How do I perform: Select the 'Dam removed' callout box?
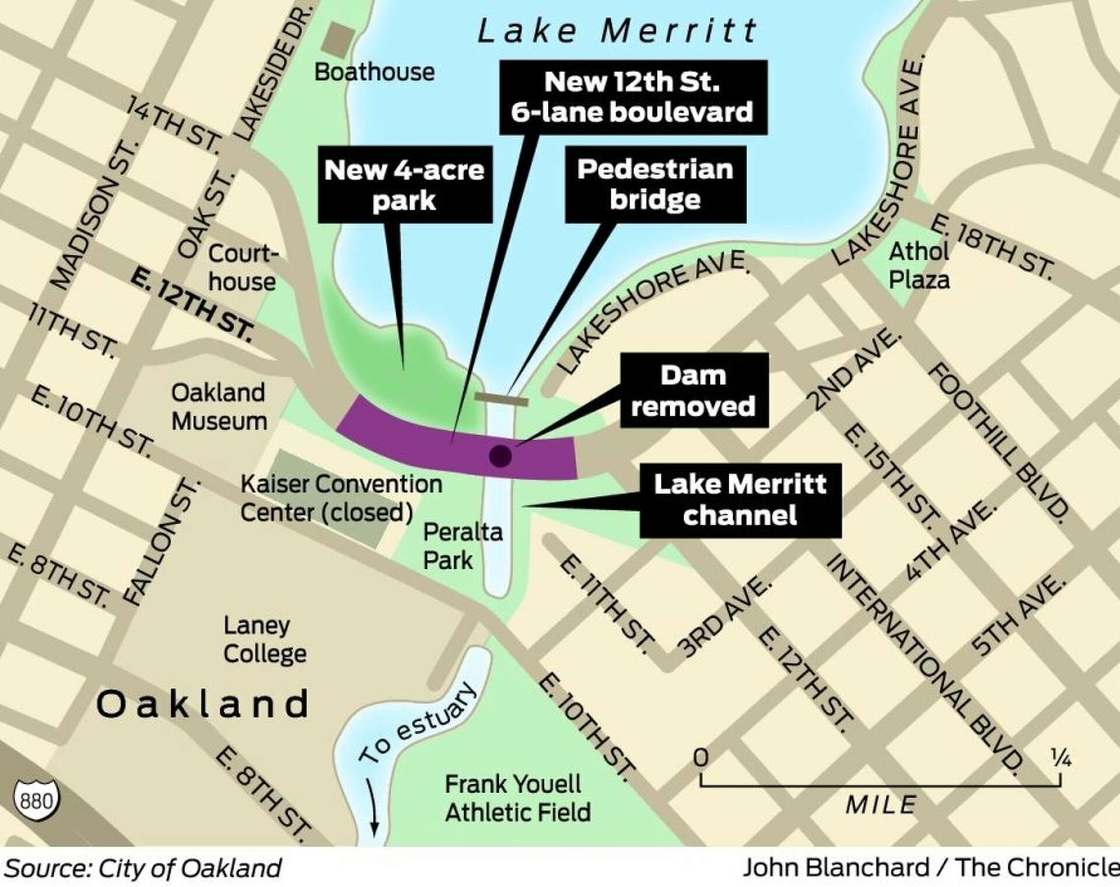(694, 391)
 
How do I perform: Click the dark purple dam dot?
(500, 455)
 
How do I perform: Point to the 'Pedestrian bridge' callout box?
(655, 184)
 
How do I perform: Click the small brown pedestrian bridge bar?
(501, 399)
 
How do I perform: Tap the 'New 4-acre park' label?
(405, 184)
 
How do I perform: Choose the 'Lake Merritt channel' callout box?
(740, 500)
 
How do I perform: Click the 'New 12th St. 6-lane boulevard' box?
(633, 97)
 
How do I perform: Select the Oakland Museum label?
(219, 406)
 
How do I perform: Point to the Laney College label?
(264, 639)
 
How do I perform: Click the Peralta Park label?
(462, 546)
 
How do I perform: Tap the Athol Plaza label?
(919, 266)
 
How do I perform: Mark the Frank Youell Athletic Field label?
(517, 798)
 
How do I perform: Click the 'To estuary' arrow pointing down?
(373, 808)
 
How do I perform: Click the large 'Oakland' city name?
(202, 704)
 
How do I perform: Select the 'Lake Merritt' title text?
(617, 30)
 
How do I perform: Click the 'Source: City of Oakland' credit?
(143, 868)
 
